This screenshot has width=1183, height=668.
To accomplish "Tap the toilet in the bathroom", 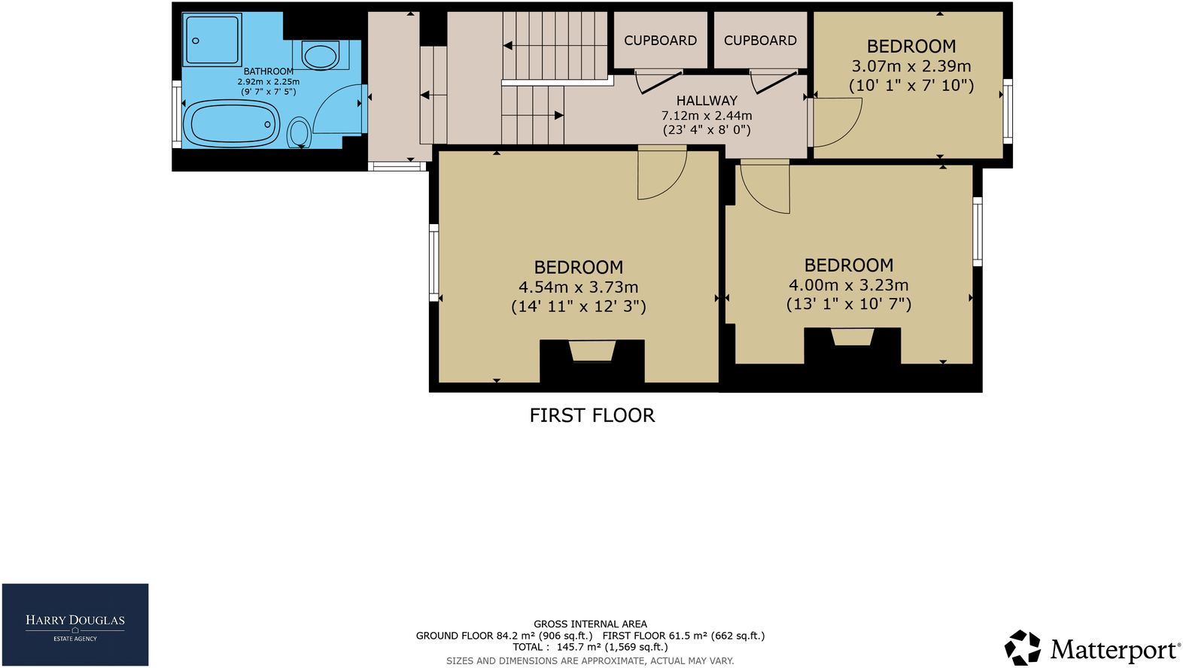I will coord(300,133).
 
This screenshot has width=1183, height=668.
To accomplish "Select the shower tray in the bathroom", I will coord(213,40).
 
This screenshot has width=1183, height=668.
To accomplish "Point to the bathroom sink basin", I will coord(321,56).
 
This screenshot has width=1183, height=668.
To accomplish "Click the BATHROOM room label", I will coord(269,71).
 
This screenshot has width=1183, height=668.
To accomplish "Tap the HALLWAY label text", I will coord(707,101).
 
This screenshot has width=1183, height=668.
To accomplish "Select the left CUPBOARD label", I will coord(660,41).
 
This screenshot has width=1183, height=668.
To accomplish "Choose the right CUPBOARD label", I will coord(760,41).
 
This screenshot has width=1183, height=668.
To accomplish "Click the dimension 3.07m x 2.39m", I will coord(911,66).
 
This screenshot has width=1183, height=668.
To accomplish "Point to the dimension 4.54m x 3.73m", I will coord(578,287).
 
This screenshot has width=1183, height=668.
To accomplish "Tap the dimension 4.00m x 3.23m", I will coord(848,285).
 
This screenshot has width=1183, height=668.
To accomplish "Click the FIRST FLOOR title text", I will coord(592,415).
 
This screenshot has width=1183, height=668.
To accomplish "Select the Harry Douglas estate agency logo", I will coord(75,625).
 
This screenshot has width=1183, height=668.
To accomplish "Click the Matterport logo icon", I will coord(1023,648).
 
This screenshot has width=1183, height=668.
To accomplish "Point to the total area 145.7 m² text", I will coord(590,647).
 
